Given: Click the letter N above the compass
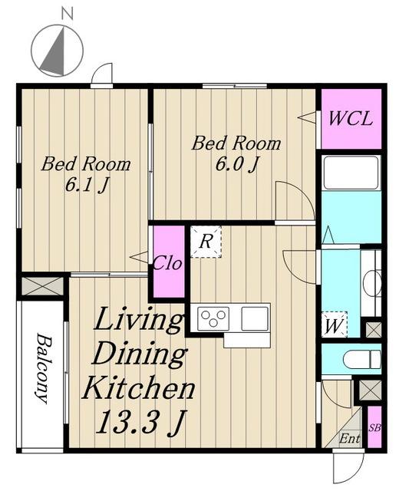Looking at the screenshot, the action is (68, 15).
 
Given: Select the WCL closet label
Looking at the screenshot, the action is (351, 119).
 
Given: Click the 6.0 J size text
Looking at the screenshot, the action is (237, 164).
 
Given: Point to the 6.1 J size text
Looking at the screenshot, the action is (87, 186).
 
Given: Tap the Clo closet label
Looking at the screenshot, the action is (167, 263).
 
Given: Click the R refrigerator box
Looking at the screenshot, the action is (206, 242).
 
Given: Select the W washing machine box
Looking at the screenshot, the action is (334, 325).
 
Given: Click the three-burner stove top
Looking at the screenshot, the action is (213, 318).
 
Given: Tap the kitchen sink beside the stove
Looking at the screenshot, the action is (255, 318).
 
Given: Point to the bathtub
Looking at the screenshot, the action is (351, 173).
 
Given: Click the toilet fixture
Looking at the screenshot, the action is (362, 360).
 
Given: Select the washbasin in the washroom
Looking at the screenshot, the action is (371, 283).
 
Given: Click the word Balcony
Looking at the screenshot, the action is (43, 368).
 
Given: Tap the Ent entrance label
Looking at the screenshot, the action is (349, 438).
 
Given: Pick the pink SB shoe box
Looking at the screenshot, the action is (374, 427).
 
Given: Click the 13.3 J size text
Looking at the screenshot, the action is (140, 423).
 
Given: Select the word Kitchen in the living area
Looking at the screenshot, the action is (138, 387).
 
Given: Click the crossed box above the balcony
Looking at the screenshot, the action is (42, 286).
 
